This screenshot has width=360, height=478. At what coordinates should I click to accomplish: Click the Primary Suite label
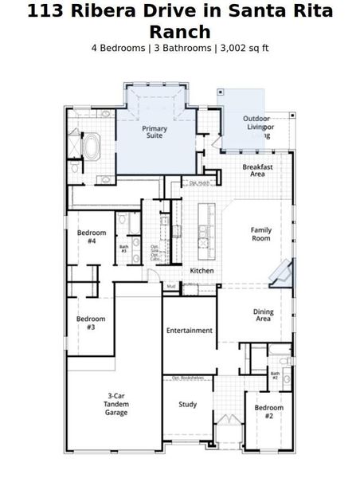(155, 131)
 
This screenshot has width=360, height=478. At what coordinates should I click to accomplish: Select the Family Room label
(261, 234)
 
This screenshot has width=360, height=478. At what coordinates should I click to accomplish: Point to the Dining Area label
(263, 315)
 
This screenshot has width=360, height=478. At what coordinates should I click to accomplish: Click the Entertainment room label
(190, 330)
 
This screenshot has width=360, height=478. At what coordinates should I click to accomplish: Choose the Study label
(188, 404)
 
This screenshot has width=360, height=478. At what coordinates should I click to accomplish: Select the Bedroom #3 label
(91, 323)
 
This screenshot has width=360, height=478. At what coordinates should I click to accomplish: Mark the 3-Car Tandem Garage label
(116, 405)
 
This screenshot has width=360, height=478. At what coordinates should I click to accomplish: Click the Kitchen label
(202, 271)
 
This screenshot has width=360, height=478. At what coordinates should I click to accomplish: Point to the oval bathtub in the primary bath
(92, 147)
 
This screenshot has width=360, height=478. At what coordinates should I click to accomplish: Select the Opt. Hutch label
(199, 183)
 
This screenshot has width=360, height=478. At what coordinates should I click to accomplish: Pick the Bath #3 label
(123, 249)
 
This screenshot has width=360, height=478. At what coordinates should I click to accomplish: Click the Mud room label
(171, 285)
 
